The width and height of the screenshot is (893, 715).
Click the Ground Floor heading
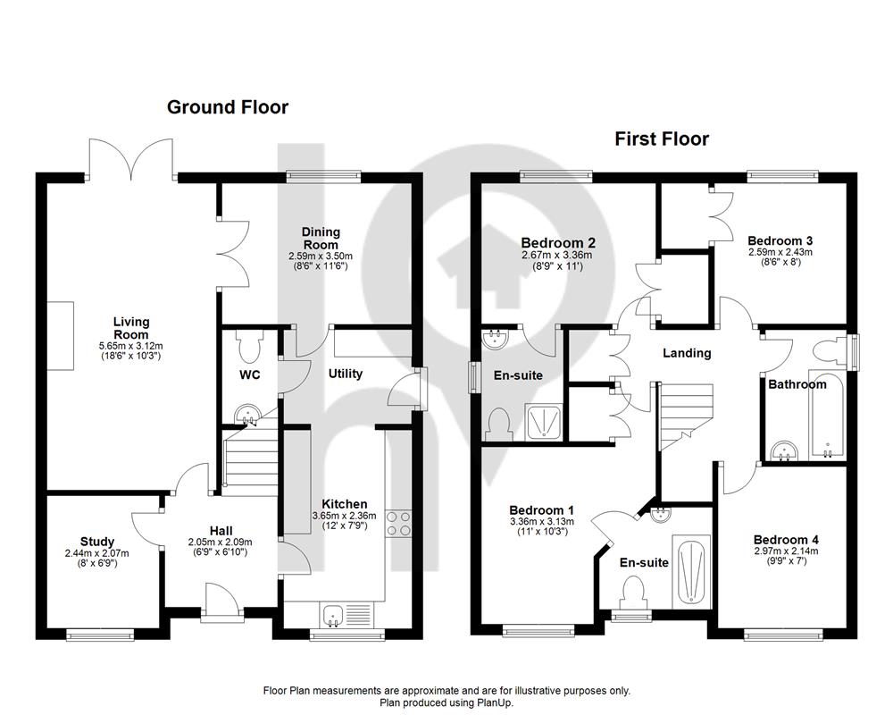(228, 107)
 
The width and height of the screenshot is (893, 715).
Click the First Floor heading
(662, 139)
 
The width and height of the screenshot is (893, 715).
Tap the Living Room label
(131, 328)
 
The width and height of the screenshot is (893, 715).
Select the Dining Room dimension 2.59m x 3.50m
(321, 256)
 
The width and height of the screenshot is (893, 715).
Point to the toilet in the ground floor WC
(250, 347)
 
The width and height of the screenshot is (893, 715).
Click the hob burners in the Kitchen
(398, 524)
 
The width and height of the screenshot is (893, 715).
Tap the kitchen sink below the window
(332, 616)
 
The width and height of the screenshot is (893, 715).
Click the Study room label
(97, 542)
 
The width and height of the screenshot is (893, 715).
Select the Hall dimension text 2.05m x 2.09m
(221, 543)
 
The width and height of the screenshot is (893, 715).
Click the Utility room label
(345, 374)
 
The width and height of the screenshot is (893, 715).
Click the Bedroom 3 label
(780, 240)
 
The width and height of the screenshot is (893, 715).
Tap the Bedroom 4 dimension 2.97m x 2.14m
(786, 551)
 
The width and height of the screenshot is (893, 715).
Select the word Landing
(687, 354)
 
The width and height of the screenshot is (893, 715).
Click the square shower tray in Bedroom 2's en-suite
(545, 422)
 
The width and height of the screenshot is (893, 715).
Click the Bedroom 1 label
(542, 510)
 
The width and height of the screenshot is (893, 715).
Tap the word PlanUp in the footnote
(495, 702)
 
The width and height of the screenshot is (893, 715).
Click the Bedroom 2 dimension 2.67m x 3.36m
(556, 256)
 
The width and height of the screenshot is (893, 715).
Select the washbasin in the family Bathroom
(785, 450)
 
